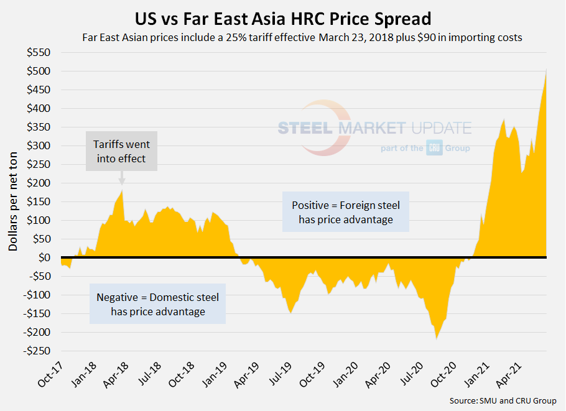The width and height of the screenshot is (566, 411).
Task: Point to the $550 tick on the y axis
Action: (x=39, y=53)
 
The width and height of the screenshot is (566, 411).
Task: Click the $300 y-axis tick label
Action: (x=39, y=146)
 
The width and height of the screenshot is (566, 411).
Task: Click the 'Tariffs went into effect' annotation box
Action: (x=121, y=151)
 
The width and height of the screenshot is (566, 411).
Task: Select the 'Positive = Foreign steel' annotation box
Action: (x=346, y=212)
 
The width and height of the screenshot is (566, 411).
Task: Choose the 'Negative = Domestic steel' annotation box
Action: (x=157, y=304)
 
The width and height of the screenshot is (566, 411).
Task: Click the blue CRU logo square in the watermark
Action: (x=434, y=149)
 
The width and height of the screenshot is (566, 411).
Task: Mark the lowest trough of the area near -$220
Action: (x=437, y=339)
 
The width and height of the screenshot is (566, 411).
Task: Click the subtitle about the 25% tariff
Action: (x=302, y=37)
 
